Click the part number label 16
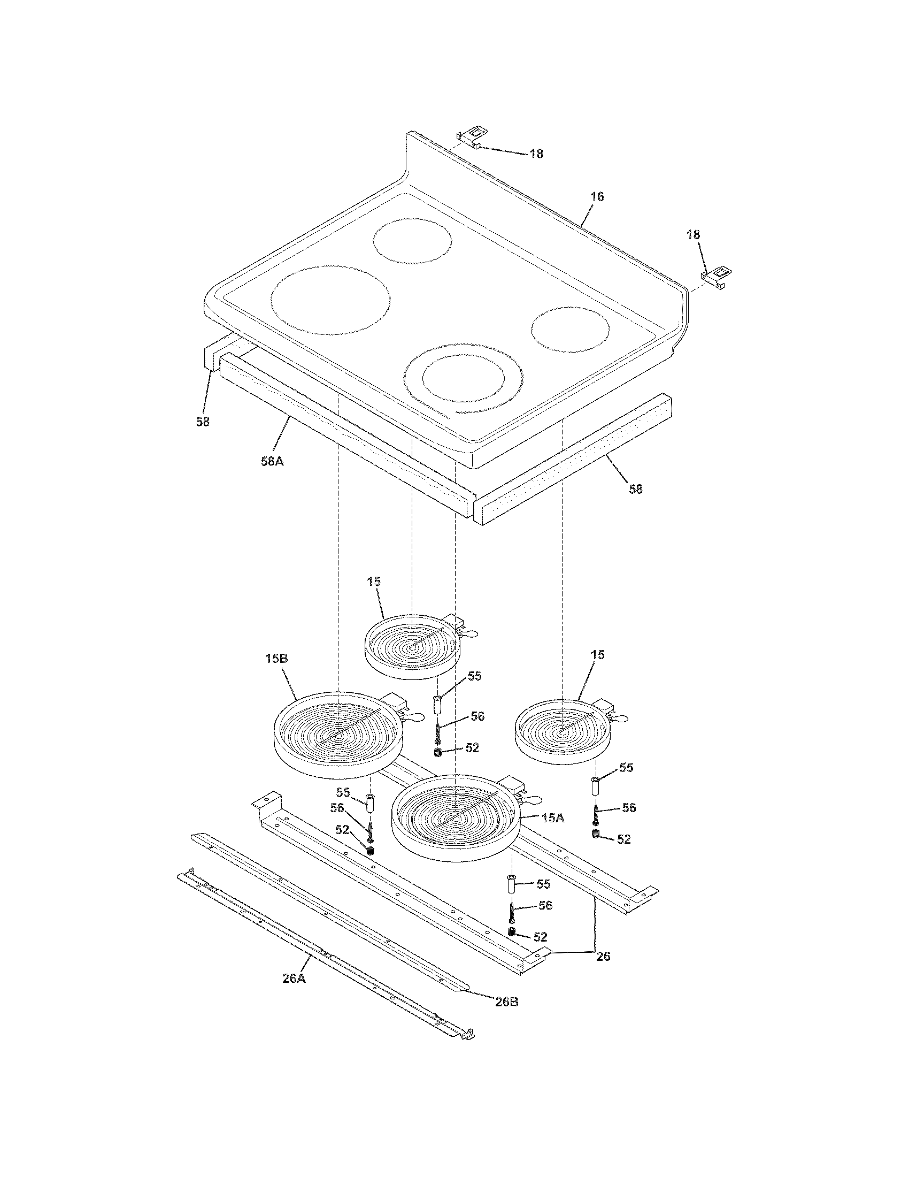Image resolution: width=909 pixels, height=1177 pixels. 597,197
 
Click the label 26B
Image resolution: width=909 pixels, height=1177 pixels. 507,1002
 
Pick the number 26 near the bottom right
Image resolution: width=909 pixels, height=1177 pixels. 603,957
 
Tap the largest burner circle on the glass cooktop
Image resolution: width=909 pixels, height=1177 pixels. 330,298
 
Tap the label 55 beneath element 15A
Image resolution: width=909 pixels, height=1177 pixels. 543,884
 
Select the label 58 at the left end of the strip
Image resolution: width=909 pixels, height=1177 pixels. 203,422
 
